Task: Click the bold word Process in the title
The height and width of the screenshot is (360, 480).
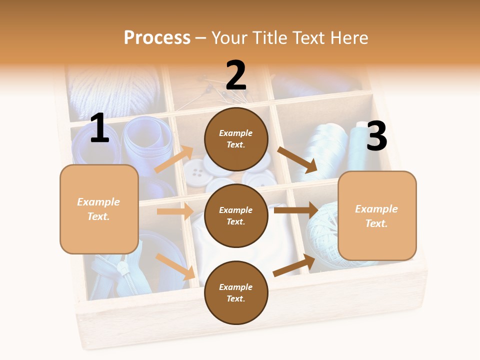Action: (x=157, y=37)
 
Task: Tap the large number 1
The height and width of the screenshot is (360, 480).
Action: (x=99, y=128)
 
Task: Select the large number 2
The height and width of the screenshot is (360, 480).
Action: (x=236, y=75)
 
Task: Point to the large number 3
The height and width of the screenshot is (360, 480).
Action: (x=376, y=136)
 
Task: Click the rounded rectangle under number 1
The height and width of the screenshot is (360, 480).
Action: (x=99, y=209)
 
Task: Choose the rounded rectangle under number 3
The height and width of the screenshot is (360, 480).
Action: (x=377, y=215)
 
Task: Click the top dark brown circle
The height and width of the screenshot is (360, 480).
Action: (x=236, y=138)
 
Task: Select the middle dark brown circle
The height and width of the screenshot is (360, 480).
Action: (x=236, y=215)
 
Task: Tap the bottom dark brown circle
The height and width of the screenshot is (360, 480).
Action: (x=236, y=292)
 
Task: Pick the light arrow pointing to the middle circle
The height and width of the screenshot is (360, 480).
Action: (x=175, y=211)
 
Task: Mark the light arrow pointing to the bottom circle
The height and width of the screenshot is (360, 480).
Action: (x=175, y=266)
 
